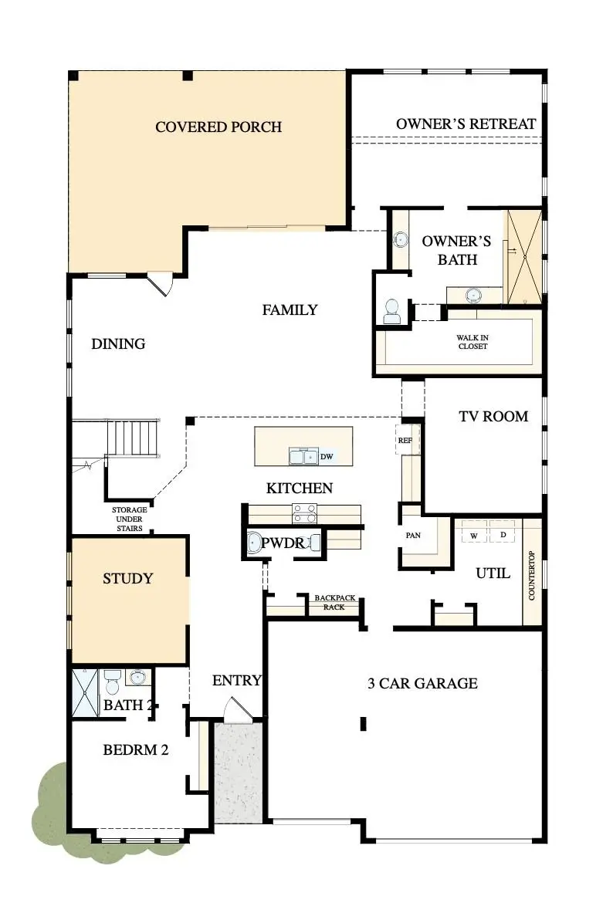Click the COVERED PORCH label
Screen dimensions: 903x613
pyautogui.click(x=218, y=127)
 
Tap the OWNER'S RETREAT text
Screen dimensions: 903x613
pyautogui.click(x=466, y=123)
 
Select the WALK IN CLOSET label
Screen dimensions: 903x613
pyautogui.click(x=472, y=342)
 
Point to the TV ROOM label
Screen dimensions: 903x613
pyautogui.click(x=493, y=416)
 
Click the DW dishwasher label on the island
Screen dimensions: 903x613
pyautogui.click(x=327, y=457)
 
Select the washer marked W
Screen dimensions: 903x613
pyautogui.click(x=474, y=535)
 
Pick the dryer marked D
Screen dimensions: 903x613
pyautogui.click(x=503, y=535)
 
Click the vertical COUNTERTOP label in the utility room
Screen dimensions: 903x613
pyautogui.click(x=532, y=575)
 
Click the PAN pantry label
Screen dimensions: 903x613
pyautogui.click(x=412, y=534)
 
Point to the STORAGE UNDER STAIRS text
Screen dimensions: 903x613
pyautogui.click(x=129, y=519)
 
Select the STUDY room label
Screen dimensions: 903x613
pyautogui.click(x=128, y=578)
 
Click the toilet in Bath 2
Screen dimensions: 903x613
pyautogui.click(x=113, y=681)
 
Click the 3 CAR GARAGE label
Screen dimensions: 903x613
pyautogui.click(x=422, y=683)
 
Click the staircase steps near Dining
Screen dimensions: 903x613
pyautogui.click(x=134, y=438)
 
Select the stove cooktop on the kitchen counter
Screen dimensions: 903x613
pyautogui.click(x=303, y=512)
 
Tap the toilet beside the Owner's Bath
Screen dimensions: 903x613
pyautogui.click(x=391, y=310)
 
